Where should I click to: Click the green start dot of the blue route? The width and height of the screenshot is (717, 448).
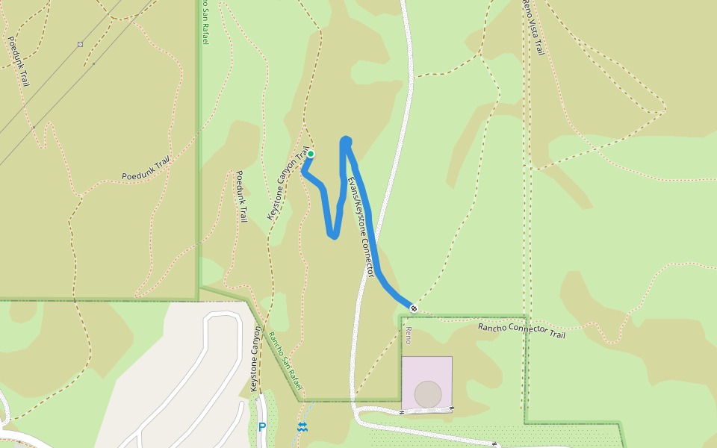coord(311,155)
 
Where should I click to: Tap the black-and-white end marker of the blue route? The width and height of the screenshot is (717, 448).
coord(413,308)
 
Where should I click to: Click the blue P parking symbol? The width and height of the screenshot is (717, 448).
coord(261,427)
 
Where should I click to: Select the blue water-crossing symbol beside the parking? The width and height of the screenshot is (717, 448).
coord(302,427)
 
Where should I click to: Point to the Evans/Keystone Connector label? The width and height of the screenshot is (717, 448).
coord(360,227)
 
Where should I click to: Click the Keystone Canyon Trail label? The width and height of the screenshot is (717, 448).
coord(288,183)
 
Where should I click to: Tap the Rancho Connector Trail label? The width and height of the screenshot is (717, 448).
coord(521,330)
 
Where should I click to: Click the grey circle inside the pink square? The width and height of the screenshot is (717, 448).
coord(428,394)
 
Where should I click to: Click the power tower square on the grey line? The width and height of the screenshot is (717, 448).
coord(80,45)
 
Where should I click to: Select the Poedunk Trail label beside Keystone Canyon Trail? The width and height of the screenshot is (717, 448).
coord(240,196)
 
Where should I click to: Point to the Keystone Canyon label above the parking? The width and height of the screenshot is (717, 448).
coord(255,359)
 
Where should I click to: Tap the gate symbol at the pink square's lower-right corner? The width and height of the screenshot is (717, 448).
coord(452,408)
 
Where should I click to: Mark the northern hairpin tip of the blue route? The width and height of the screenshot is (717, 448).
coord(346,140)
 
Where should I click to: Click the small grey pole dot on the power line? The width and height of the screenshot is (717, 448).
coord(93,64)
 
